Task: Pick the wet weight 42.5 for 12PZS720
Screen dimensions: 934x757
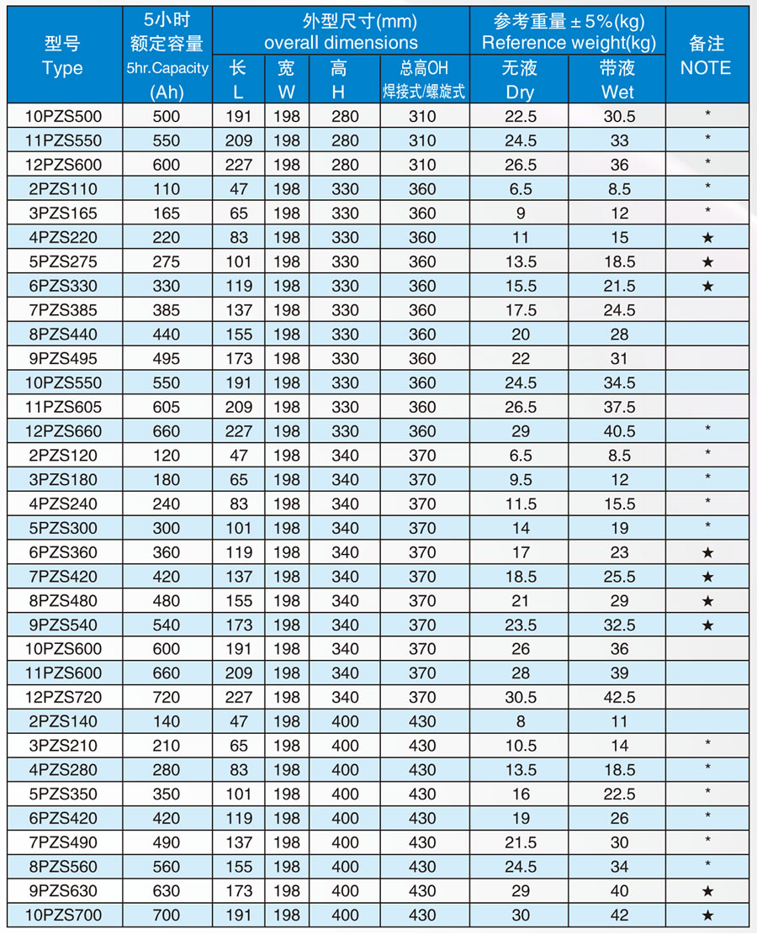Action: coord(618,697)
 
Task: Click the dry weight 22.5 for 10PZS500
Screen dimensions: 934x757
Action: coord(521,116)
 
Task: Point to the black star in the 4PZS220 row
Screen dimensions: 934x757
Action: coord(707,238)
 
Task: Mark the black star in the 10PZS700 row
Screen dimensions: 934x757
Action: coord(707,916)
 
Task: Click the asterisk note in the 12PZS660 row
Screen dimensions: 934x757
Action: coord(707,430)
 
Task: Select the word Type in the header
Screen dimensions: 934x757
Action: coord(62,68)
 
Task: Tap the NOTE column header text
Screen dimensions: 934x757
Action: coord(706,68)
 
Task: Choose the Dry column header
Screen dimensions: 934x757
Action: coord(520,92)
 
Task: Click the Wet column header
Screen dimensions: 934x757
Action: coord(618,92)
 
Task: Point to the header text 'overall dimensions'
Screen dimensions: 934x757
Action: coord(341,42)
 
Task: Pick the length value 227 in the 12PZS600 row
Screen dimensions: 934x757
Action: coord(239,165)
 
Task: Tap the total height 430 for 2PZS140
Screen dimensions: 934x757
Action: coord(422,721)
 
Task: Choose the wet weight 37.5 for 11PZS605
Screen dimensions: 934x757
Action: coord(618,407)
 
